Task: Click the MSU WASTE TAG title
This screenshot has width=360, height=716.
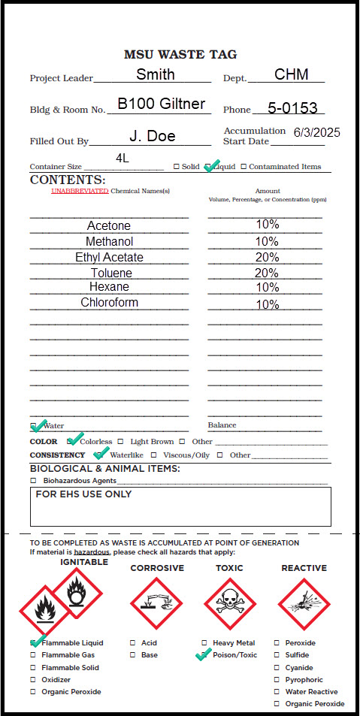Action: (180, 54)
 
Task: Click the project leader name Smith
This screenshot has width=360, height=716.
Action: (156, 74)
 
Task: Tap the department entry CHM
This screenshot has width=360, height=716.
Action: (286, 74)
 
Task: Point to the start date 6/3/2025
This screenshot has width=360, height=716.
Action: (316, 132)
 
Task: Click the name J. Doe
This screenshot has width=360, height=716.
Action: (153, 136)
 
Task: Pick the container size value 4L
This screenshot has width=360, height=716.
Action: (123, 158)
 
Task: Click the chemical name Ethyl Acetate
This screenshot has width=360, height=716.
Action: (109, 257)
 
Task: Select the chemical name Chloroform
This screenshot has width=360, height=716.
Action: (110, 303)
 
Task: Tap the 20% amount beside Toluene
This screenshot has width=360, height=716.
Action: (267, 273)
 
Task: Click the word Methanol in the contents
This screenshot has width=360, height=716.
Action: (109, 241)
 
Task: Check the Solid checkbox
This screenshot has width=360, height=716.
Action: (177, 167)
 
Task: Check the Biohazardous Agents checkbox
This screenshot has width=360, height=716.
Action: (33, 480)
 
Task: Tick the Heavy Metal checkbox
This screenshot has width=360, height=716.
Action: (205, 643)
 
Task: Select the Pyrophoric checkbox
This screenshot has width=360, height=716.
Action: (277, 679)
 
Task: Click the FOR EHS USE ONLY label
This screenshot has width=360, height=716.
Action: (83, 494)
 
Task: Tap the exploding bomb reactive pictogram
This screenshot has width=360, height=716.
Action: (304, 604)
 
